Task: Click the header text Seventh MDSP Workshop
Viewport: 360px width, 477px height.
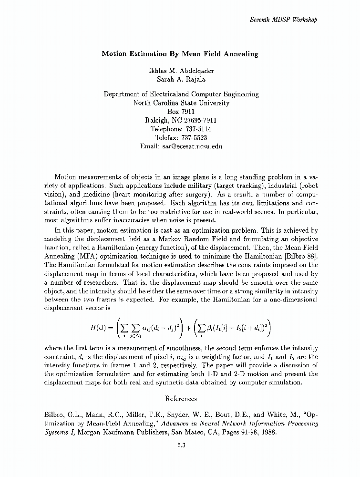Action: [283, 20]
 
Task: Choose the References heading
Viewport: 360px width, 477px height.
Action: [181, 398]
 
